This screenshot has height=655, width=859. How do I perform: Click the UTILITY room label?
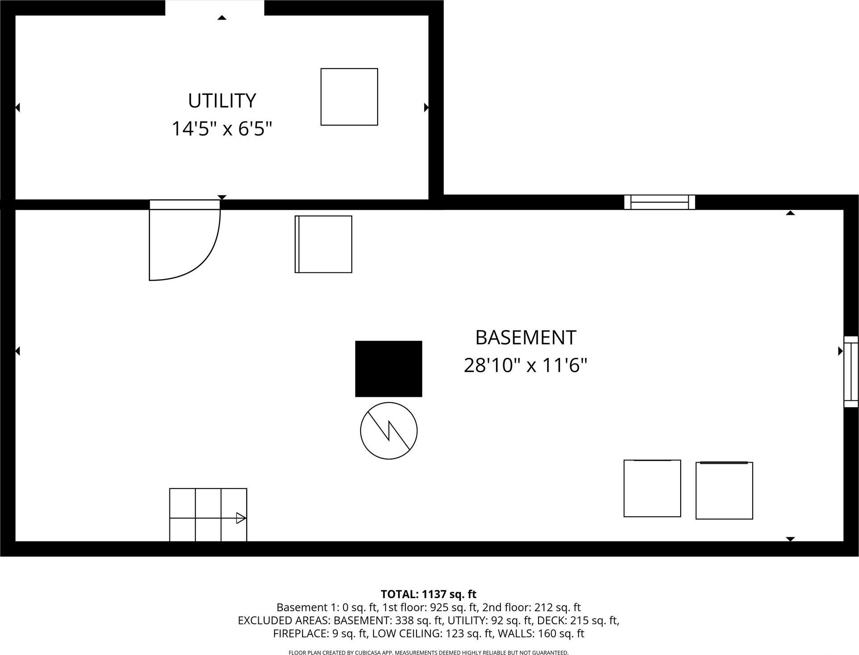point(222,101)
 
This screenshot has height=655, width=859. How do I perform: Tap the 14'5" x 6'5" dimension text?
point(222,129)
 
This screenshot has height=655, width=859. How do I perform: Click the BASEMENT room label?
point(525,338)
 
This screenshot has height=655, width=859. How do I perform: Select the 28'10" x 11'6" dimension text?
point(525,366)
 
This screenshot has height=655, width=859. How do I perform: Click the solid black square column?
point(388,369)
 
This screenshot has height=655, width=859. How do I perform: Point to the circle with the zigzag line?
point(388,430)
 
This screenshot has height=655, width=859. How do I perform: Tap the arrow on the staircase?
point(240,518)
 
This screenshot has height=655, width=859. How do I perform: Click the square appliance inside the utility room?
point(349,97)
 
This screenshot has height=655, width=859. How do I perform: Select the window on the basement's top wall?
point(659,202)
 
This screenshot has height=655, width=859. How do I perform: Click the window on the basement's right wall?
point(851,371)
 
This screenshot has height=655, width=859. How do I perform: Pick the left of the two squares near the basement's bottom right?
point(652,488)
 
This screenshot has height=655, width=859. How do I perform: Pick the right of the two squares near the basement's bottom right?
point(724,490)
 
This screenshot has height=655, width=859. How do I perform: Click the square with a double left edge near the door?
point(323,244)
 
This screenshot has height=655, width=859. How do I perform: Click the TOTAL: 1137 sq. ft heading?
point(428,594)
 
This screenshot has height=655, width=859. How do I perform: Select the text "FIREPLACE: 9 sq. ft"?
point(320,634)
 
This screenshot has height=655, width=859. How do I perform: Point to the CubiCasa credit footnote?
point(428,652)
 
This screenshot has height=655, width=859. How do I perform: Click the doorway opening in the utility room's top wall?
point(215,8)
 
